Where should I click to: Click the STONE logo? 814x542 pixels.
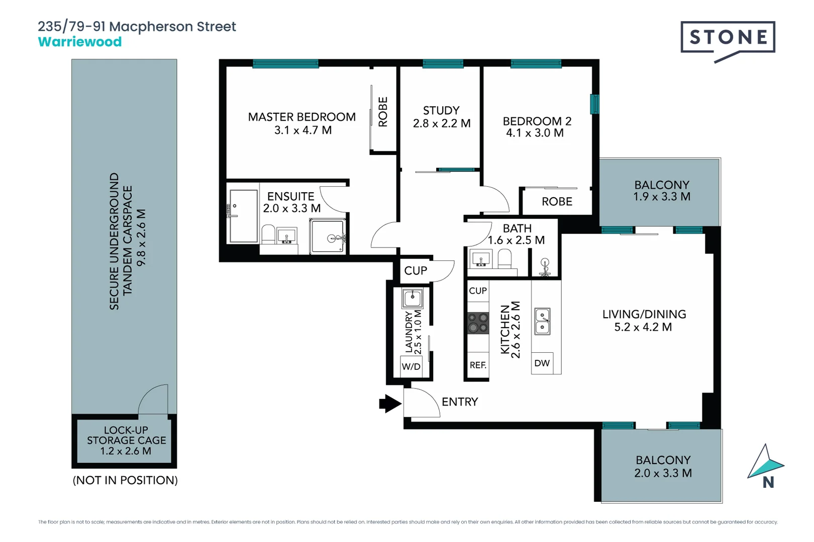[728, 38]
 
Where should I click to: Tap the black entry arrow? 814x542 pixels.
[390, 403]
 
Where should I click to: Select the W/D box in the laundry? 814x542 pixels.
[411, 366]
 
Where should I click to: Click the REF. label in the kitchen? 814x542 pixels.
[478, 365]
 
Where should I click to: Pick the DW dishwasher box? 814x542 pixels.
[542, 363]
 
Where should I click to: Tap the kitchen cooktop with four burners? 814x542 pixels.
[478, 323]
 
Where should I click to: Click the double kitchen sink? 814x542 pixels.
[542, 322]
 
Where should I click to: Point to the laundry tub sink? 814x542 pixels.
[413, 299]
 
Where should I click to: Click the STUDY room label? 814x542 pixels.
[441, 110]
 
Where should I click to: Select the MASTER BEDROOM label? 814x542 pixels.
[301, 117]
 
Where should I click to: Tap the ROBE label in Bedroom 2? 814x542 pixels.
[557, 202]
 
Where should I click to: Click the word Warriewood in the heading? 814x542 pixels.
[80, 42]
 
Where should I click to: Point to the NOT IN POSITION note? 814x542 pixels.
[125, 480]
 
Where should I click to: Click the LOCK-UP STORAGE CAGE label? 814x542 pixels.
[126, 440]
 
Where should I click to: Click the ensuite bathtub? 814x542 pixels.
[243, 216]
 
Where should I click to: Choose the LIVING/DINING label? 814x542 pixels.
[644, 314]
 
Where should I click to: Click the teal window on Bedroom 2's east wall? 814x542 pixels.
[594, 104]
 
